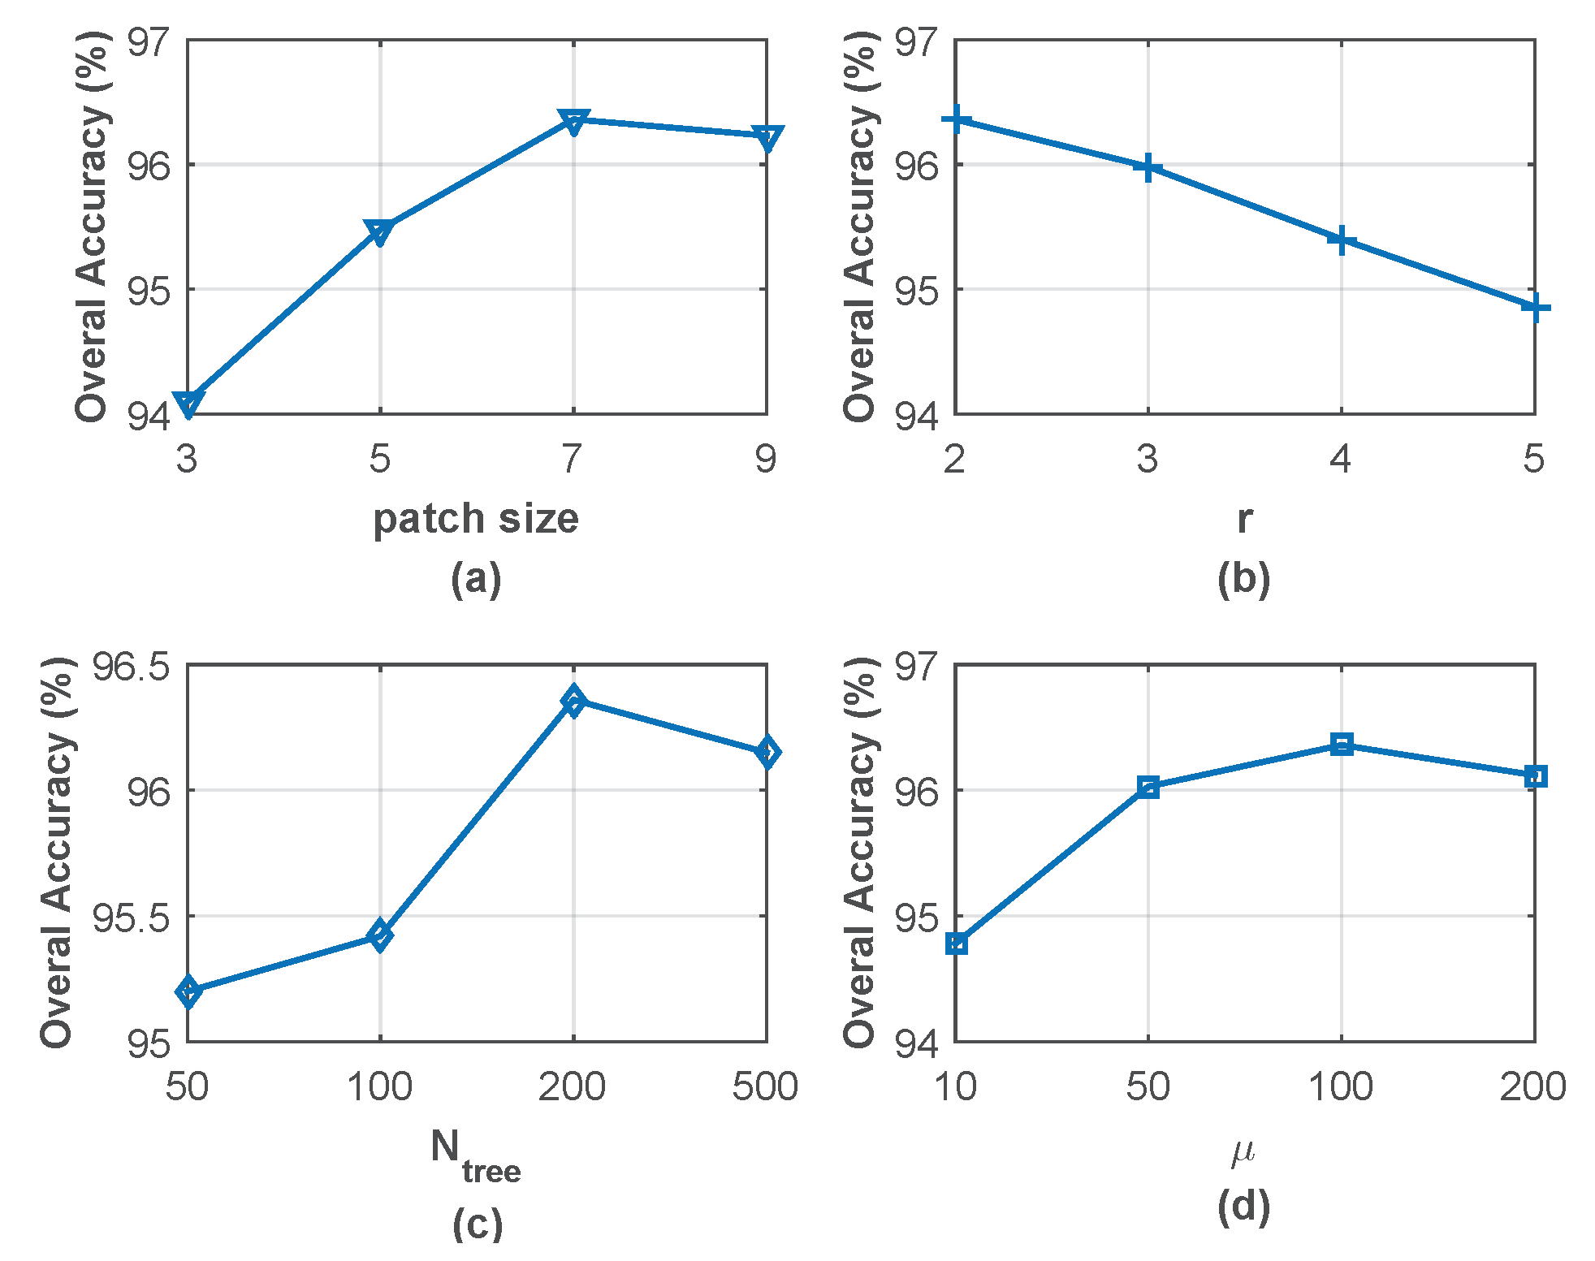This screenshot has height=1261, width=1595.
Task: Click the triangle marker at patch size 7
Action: point(573,122)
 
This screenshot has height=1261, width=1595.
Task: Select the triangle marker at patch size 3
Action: point(188,403)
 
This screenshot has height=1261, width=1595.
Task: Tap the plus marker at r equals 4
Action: point(1341,240)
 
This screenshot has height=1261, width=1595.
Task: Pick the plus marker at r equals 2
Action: point(956,120)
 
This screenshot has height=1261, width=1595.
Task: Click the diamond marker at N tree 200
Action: point(573,700)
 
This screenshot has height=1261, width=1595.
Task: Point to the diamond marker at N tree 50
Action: point(188,991)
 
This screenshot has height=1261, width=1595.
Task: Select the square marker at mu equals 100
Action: point(1342,744)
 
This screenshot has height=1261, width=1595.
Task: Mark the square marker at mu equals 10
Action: point(957,944)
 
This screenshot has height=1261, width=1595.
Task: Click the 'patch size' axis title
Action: point(476,518)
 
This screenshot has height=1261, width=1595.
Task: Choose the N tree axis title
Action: point(476,1155)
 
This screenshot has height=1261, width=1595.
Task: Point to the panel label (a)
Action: point(476,579)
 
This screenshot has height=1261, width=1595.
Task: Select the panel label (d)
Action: point(1243,1207)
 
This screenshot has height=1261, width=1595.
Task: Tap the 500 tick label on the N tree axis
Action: point(765,1086)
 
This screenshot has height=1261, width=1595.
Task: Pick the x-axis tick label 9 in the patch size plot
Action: point(765,460)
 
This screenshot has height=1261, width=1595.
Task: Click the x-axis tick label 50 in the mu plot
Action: point(1148,1086)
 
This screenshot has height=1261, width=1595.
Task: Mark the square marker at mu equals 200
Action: point(1535,776)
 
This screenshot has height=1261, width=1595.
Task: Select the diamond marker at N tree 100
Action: point(379,935)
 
